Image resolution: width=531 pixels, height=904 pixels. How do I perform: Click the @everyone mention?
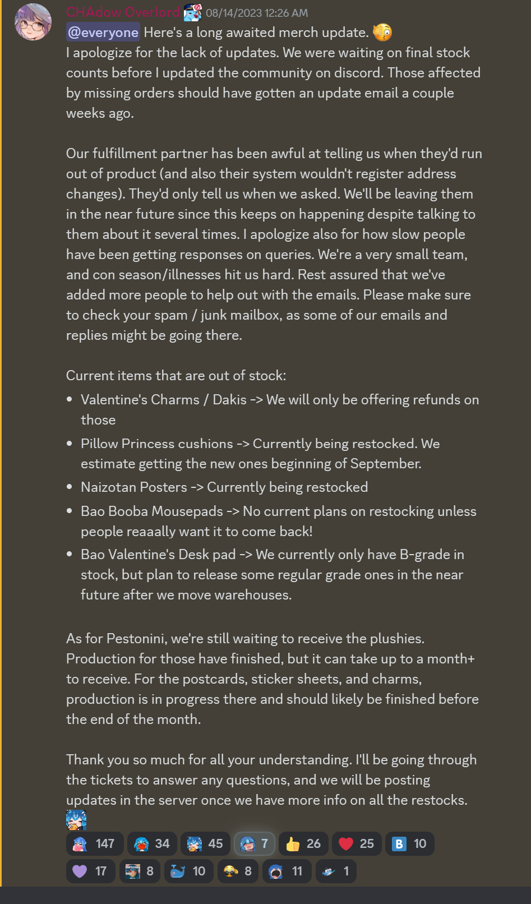(103, 33)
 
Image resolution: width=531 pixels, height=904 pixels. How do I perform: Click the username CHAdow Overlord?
(123, 12)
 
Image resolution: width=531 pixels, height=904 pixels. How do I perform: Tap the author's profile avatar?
(33, 22)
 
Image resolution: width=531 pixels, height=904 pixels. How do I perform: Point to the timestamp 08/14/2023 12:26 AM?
(257, 13)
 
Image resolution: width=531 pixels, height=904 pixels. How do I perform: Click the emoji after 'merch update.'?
(382, 33)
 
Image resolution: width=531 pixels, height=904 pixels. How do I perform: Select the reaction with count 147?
(94, 843)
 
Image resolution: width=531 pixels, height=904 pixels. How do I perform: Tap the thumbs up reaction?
(303, 843)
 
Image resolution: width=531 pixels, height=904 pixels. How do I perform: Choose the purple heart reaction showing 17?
(90, 871)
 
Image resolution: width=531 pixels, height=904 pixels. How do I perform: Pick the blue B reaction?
(409, 843)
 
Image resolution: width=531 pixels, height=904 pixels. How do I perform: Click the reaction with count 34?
(152, 843)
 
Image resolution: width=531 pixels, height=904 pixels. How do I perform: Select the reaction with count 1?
(335, 871)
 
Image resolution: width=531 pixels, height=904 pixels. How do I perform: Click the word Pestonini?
(136, 638)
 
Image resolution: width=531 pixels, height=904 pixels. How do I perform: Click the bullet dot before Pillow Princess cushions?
(70, 444)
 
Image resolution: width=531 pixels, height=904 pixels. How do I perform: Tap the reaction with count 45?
(205, 843)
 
